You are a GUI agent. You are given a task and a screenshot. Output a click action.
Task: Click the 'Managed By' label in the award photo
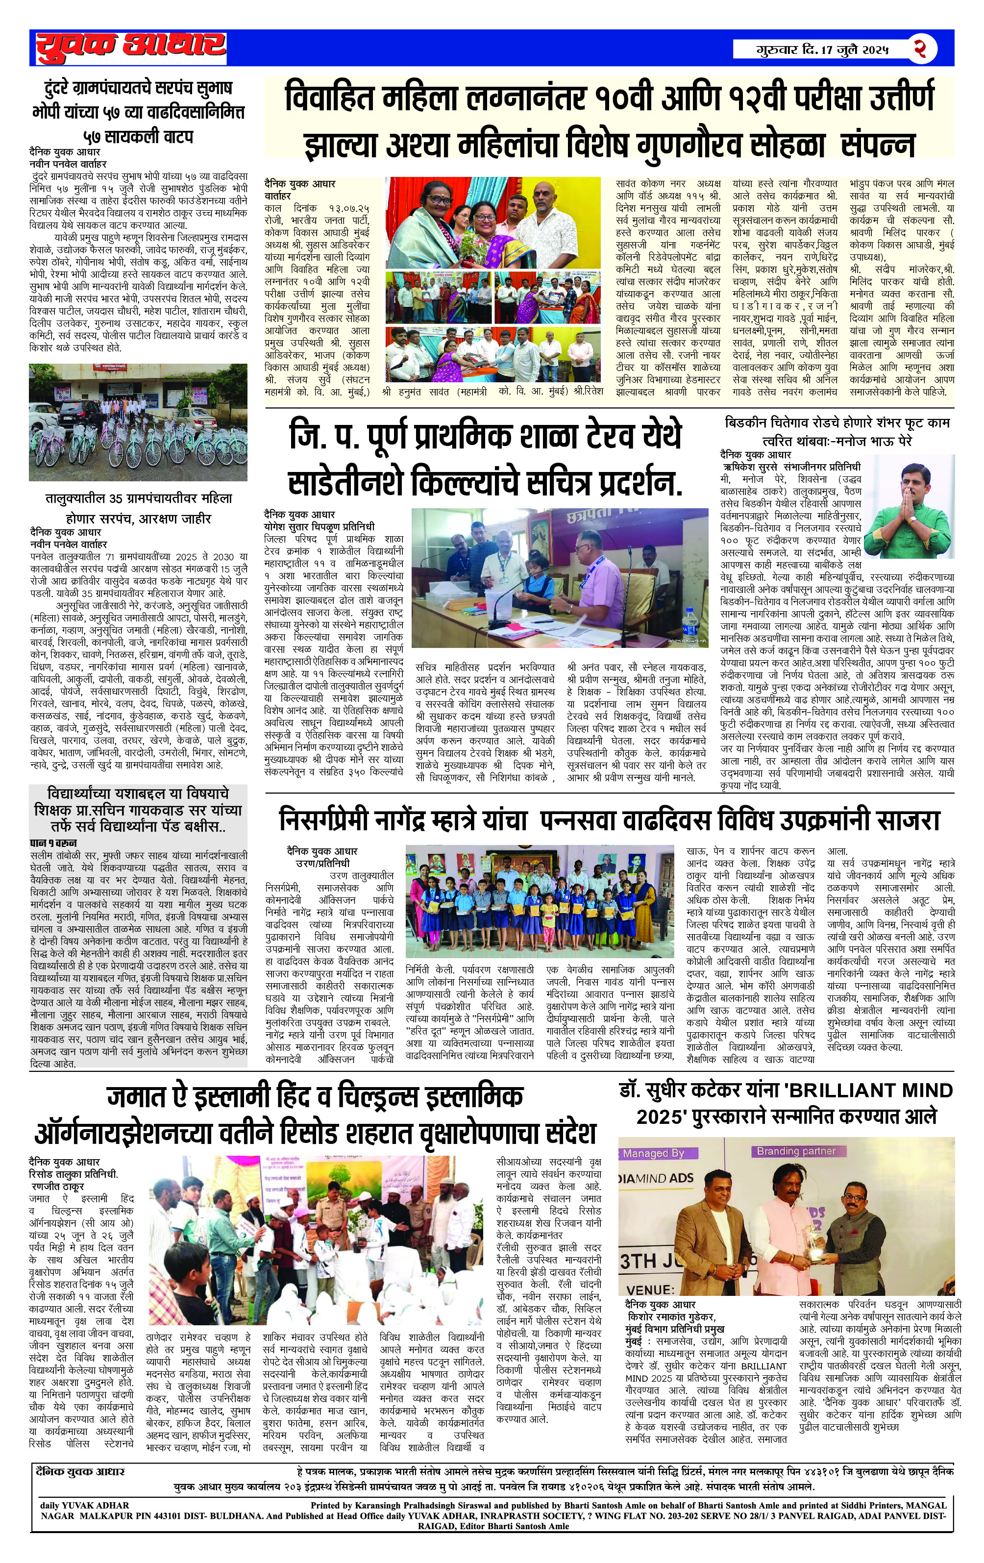pos(653,1153)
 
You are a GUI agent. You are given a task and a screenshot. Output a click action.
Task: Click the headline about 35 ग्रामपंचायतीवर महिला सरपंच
pos(138,508)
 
